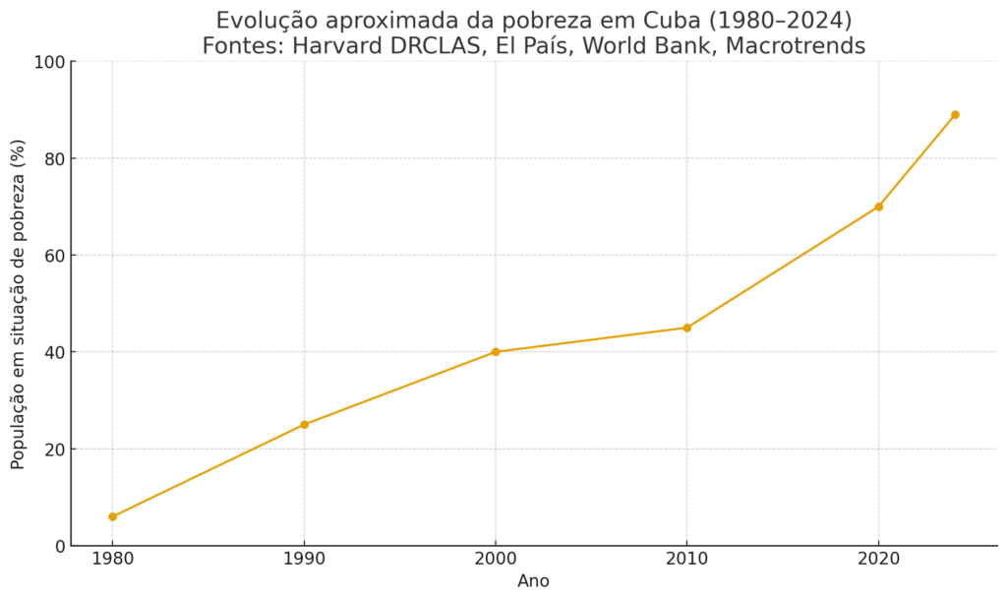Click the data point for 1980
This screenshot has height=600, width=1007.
click(112, 516)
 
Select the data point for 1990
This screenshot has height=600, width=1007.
click(304, 425)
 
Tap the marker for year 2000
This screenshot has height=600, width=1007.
click(496, 352)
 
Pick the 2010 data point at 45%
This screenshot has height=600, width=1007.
click(686, 328)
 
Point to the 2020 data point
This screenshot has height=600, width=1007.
click(878, 207)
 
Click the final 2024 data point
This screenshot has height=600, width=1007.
click(955, 115)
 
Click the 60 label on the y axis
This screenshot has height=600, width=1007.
click(55, 256)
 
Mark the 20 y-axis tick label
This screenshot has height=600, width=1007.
click(55, 450)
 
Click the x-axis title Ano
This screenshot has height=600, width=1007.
click(534, 581)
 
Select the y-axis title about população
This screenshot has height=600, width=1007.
click(19, 304)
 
